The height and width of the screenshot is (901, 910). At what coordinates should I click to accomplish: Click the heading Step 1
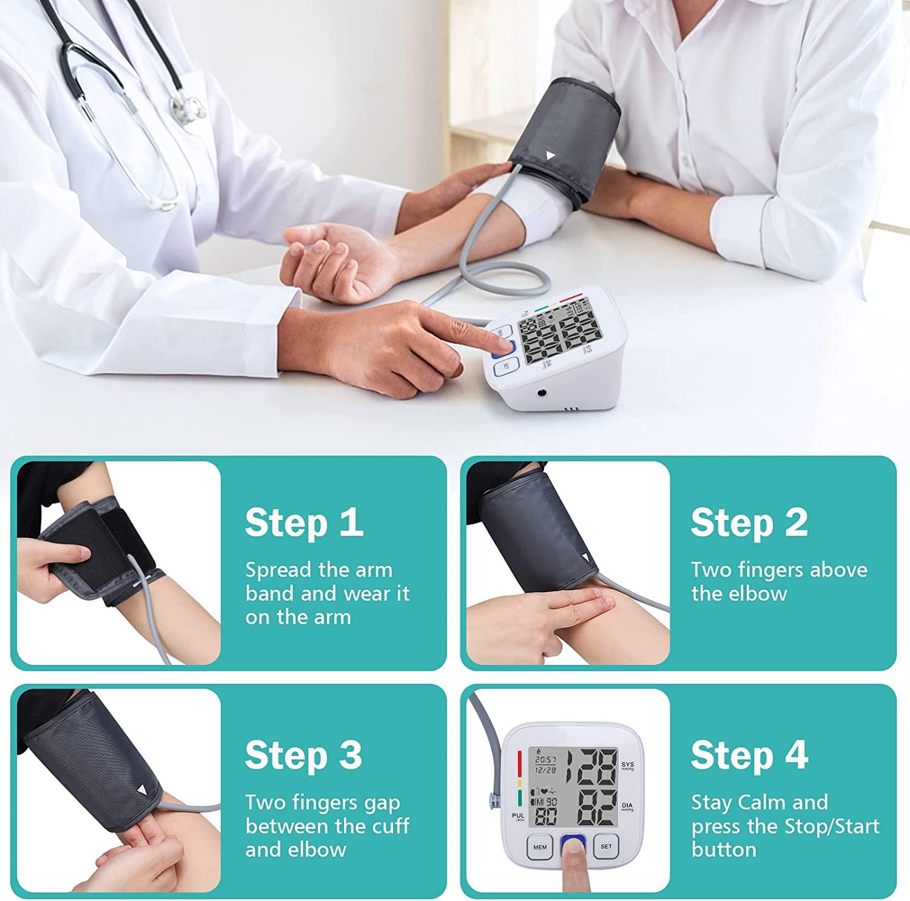click(x=304, y=522)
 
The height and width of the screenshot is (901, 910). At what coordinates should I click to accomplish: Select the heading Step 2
click(x=749, y=522)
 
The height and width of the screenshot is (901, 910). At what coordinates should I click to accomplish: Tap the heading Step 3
click(x=303, y=755)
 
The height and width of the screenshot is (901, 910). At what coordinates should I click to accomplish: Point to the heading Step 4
click(x=749, y=755)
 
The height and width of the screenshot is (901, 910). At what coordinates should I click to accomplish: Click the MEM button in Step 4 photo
click(x=539, y=847)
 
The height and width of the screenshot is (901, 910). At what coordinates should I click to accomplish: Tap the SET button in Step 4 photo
click(x=606, y=846)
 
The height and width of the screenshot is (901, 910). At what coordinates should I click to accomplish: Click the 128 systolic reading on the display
click(x=588, y=766)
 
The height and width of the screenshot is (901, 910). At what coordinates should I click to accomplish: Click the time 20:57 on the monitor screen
click(x=545, y=759)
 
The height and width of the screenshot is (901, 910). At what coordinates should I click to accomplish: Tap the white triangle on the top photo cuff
click(x=550, y=155)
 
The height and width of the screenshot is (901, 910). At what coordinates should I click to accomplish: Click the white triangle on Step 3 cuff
click(x=143, y=789)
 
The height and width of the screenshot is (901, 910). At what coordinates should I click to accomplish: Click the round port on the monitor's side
click(x=541, y=393)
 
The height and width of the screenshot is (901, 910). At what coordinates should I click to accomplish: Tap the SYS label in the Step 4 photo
click(x=627, y=765)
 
